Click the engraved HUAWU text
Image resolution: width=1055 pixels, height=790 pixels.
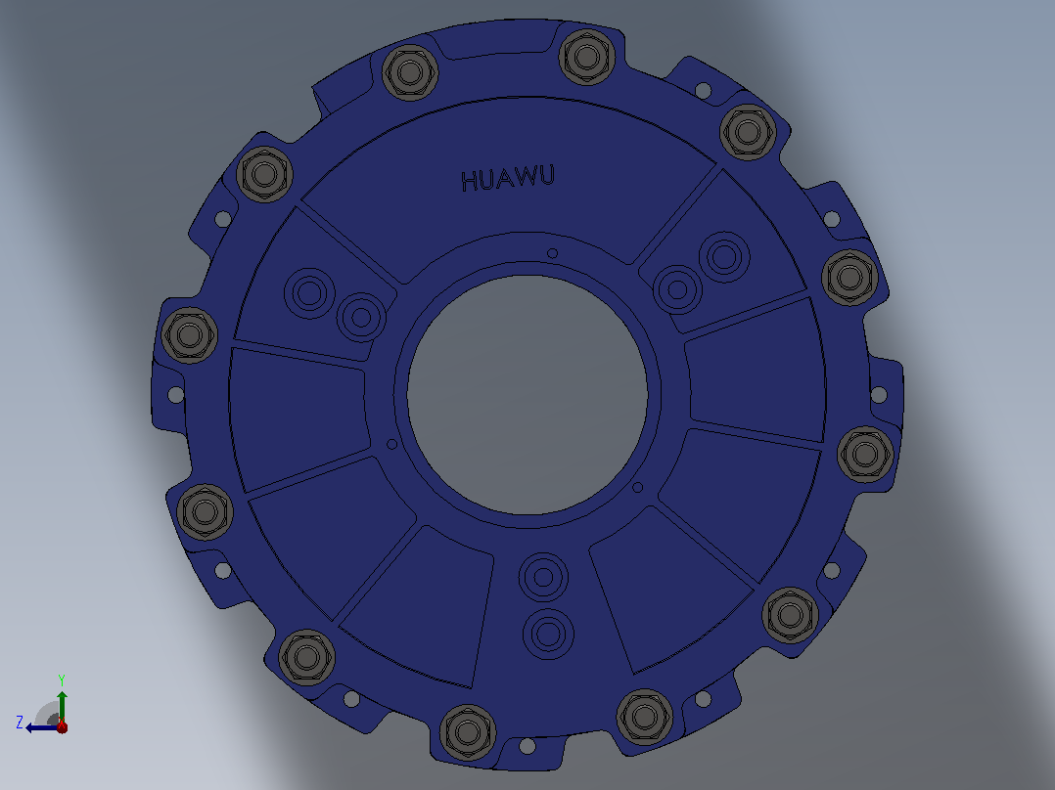point(508,179)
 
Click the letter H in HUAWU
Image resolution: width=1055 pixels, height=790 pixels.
point(470,182)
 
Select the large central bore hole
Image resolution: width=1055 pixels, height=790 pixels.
point(527,395)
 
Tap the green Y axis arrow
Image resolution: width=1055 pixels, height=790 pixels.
point(62,706)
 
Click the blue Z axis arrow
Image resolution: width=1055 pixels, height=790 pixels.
point(42,727)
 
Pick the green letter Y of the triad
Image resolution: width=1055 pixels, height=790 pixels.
point(62,680)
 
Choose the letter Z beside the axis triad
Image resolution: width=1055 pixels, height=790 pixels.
point(20,723)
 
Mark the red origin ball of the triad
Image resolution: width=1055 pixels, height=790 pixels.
point(62,726)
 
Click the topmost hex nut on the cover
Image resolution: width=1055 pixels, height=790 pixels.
point(587,57)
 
